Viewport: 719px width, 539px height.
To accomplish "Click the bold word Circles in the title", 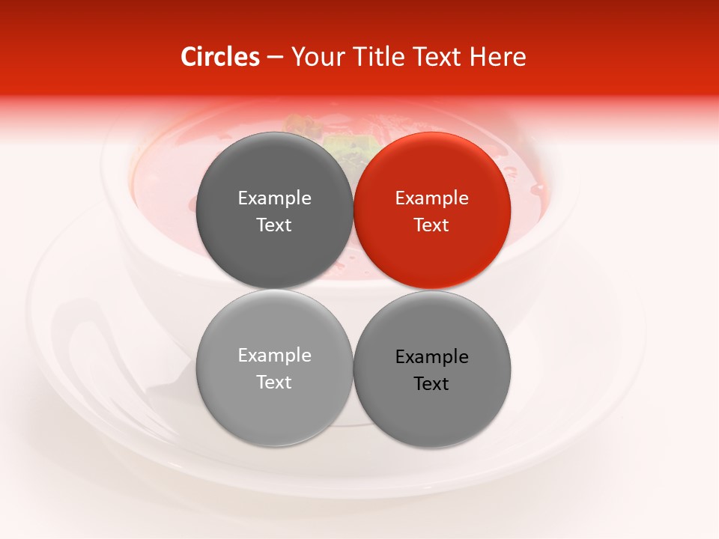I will coord(220,57).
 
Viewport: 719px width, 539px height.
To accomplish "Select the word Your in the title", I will coord(315,57).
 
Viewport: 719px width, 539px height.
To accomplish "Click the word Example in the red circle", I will coord(431,198).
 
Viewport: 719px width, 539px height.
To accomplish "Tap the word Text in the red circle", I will coord(431,225).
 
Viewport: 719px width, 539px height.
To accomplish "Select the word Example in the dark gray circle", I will coord(274,198).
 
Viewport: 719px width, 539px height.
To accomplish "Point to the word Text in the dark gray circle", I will coord(274,225).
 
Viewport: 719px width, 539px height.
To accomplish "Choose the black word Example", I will coord(431,357).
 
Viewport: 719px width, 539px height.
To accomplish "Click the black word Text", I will coord(431,384).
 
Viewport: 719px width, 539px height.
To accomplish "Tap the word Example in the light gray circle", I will coord(274,356).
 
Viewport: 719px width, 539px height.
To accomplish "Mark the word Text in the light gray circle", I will coord(274,383).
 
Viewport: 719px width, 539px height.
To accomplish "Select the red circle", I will coord(431,255).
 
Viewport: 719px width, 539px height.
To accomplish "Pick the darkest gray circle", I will coord(274,255).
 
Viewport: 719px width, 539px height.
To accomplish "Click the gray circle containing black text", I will coord(431,415).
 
